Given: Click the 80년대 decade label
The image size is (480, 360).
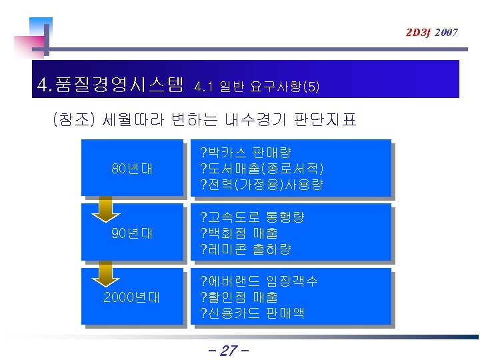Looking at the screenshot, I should (x=132, y=169).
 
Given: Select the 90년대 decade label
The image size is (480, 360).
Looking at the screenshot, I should (x=132, y=233).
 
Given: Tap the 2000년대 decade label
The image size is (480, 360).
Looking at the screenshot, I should (x=132, y=297).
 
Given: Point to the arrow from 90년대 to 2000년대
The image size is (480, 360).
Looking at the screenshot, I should (x=104, y=273).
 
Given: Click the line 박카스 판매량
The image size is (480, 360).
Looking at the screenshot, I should (x=245, y=153).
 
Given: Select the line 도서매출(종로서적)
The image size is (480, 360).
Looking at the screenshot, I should (x=262, y=169).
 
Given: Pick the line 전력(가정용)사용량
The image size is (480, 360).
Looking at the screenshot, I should (x=261, y=185).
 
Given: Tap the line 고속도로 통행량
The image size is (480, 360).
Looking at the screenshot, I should (x=252, y=217).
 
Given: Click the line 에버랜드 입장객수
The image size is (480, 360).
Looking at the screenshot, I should (x=259, y=281).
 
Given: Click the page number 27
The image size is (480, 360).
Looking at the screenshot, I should (x=228, y=351).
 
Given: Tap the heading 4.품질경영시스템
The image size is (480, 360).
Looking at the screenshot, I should (x=111, y=85).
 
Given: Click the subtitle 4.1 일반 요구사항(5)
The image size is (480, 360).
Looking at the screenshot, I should (x=257, y=87).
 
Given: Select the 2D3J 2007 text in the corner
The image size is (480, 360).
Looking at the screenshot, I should (x=432, y=32).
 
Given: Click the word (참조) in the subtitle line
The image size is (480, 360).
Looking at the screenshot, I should (x=75, y=120).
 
